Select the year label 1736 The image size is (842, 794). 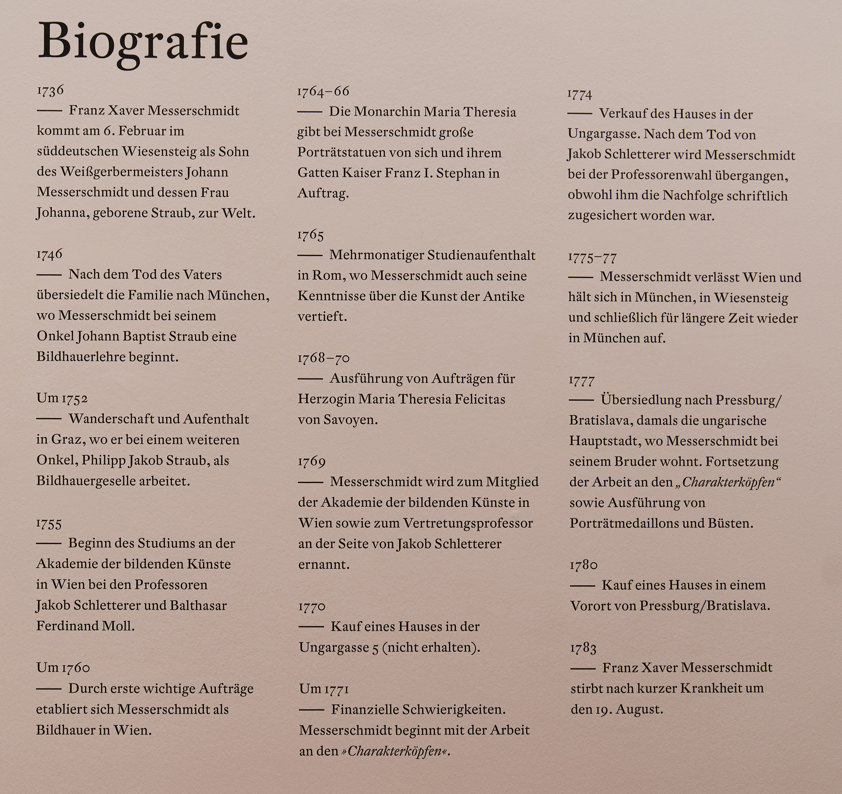click(x=50, y=91)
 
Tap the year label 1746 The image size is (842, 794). click(x=50, y=254)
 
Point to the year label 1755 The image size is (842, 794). click(x=49, y=524)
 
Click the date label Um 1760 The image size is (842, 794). click(x=63, y=668)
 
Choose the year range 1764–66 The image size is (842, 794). click(x=323, y=91)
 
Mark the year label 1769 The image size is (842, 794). click(x=312, y=462)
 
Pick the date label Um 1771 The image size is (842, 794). click(x=324, y=689)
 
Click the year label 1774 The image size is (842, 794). click(x=580, y=94)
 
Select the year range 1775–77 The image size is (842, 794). click(x=593, y=258)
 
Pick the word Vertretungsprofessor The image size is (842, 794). click(x=468, y=523)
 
